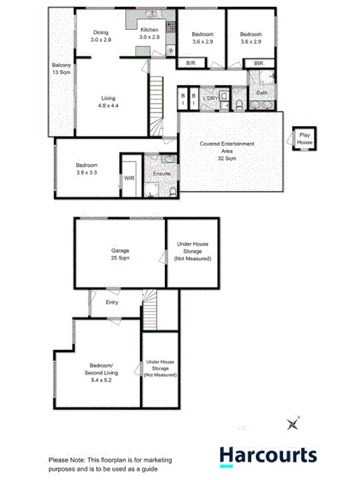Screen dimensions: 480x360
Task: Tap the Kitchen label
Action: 149,30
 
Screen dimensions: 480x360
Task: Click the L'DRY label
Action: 210,98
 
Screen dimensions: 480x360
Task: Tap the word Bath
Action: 262,92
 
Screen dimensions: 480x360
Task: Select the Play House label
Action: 305,138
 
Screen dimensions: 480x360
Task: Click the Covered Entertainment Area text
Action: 227,151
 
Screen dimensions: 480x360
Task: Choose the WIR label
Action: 129,178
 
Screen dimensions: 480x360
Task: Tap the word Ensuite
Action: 161,174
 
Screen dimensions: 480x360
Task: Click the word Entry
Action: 112,303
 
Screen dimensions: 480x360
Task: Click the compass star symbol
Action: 292,425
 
